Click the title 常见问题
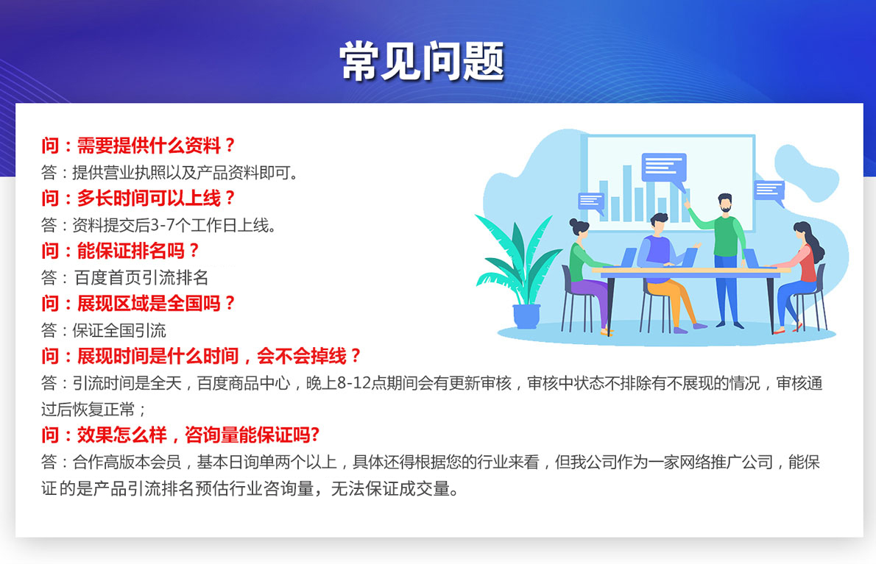point(422,61)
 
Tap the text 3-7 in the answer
point(163,225)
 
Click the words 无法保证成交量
point(390,489)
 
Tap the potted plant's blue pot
point(526,316)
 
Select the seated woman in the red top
point(800,276)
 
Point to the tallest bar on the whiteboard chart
point(627,193)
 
